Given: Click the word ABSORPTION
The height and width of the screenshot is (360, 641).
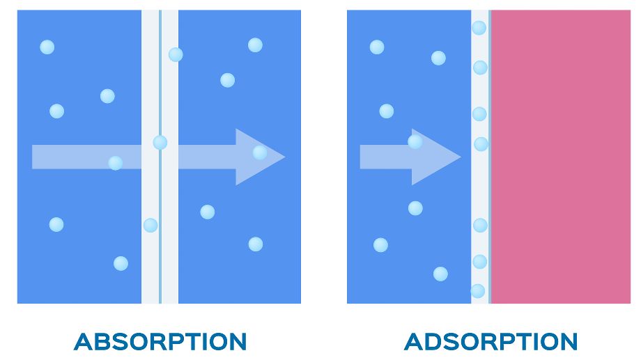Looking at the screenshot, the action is (x=160, y=342).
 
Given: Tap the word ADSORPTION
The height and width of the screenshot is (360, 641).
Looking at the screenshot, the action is (x=491, y=342).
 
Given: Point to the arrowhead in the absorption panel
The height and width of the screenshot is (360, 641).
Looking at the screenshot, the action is (x=261, y=157).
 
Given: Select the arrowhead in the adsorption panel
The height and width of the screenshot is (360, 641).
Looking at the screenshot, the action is (x=436, y=157).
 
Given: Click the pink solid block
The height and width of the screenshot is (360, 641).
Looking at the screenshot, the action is (x=561, y=157).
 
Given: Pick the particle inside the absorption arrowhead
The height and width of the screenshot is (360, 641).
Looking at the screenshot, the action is (x=260, y=152).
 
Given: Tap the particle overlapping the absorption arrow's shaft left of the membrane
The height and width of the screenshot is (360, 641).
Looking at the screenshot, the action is (x=115, y=163).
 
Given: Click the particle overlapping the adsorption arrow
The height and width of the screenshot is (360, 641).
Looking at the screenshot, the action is (x=415, y=142).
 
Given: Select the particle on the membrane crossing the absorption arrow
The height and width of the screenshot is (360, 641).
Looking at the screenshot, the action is (x=160, y=143).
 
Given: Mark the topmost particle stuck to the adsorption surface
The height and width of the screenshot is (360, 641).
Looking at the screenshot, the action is (x=479, y=28).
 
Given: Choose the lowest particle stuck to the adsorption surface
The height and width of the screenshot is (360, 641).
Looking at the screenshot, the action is (x=477, y=291).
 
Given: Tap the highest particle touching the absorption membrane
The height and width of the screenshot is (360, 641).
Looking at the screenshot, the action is (x=176, y=54).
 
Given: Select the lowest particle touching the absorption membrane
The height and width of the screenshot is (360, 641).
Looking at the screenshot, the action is (x=150, y=225).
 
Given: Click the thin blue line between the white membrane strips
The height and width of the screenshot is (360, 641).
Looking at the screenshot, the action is (x=160, y=157).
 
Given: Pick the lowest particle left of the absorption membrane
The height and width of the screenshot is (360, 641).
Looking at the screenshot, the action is (x=121, y=264).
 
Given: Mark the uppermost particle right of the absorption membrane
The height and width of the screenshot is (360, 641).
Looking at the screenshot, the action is (x=255, y=45).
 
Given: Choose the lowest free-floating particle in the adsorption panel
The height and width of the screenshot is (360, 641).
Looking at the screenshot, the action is (x=440, y=274).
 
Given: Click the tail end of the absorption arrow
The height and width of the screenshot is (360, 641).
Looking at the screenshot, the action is (x=32, y=157).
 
